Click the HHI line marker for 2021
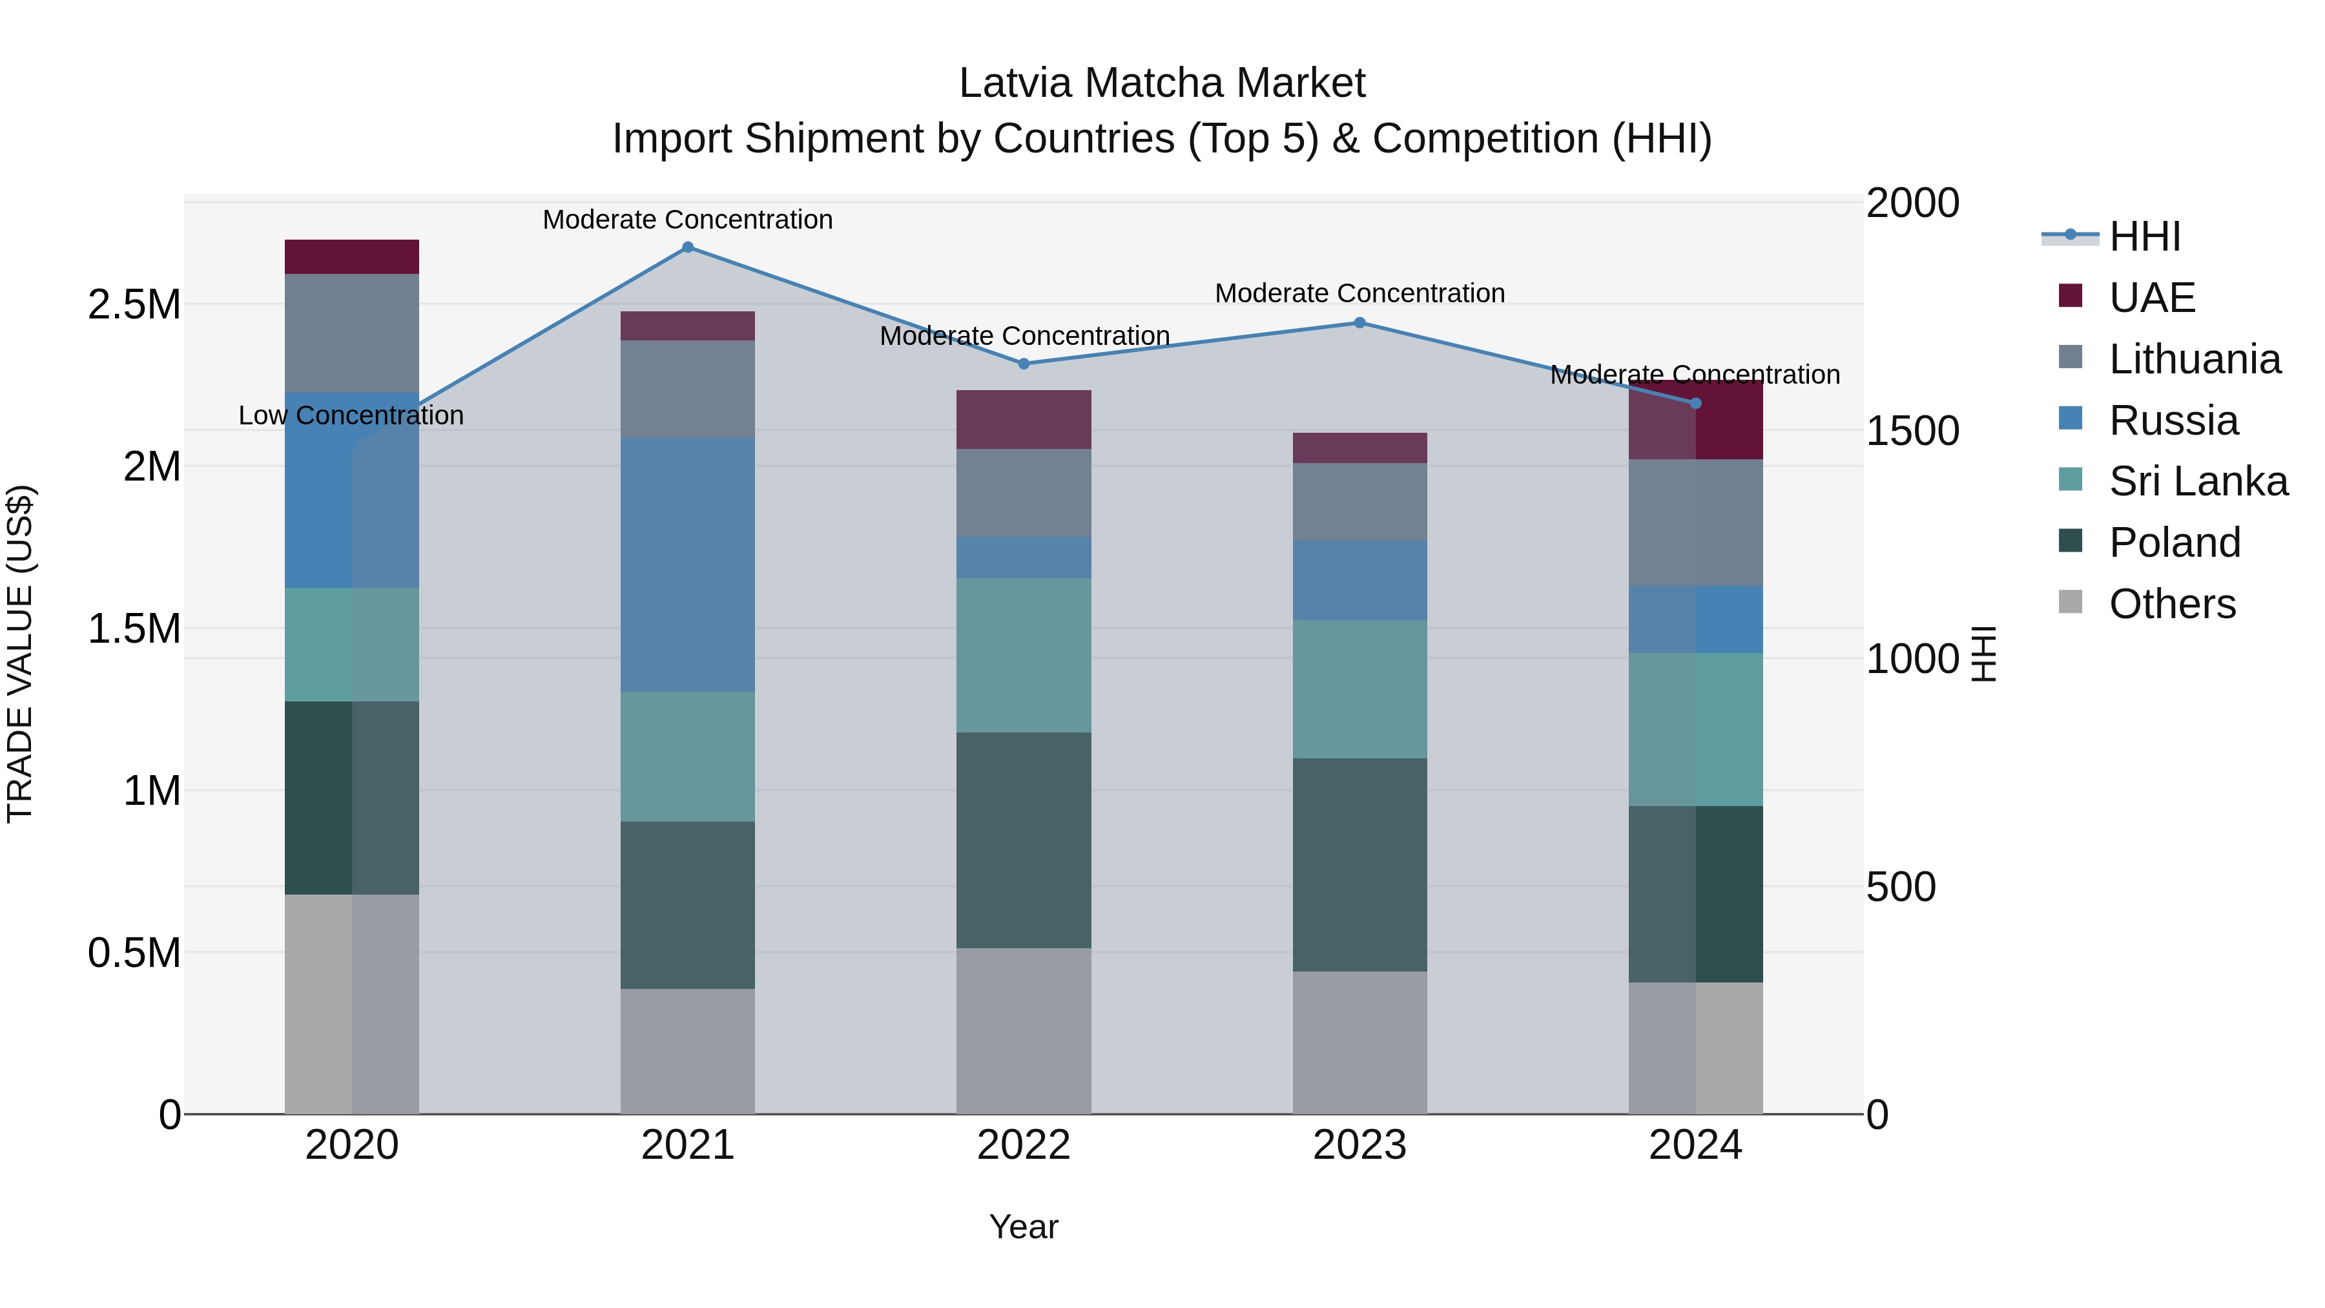point(688,247)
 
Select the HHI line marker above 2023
point(1359,323)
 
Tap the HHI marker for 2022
point(1024,364)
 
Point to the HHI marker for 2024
point(1695,404)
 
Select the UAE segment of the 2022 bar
point(1024,420)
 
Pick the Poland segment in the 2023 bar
point(1359,865)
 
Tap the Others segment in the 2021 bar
point(688,1051)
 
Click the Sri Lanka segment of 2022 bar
point(1024,656)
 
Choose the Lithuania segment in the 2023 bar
point(1359,502)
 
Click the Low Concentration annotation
point(351,415)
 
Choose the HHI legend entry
point(2144,236)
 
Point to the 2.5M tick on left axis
point(134,305)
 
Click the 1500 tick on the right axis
point(1912,431)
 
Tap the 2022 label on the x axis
point(1024,1145)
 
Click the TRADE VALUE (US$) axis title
point(20,654)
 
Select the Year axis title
point(1024,1227)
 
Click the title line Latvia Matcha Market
point(1162,83)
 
